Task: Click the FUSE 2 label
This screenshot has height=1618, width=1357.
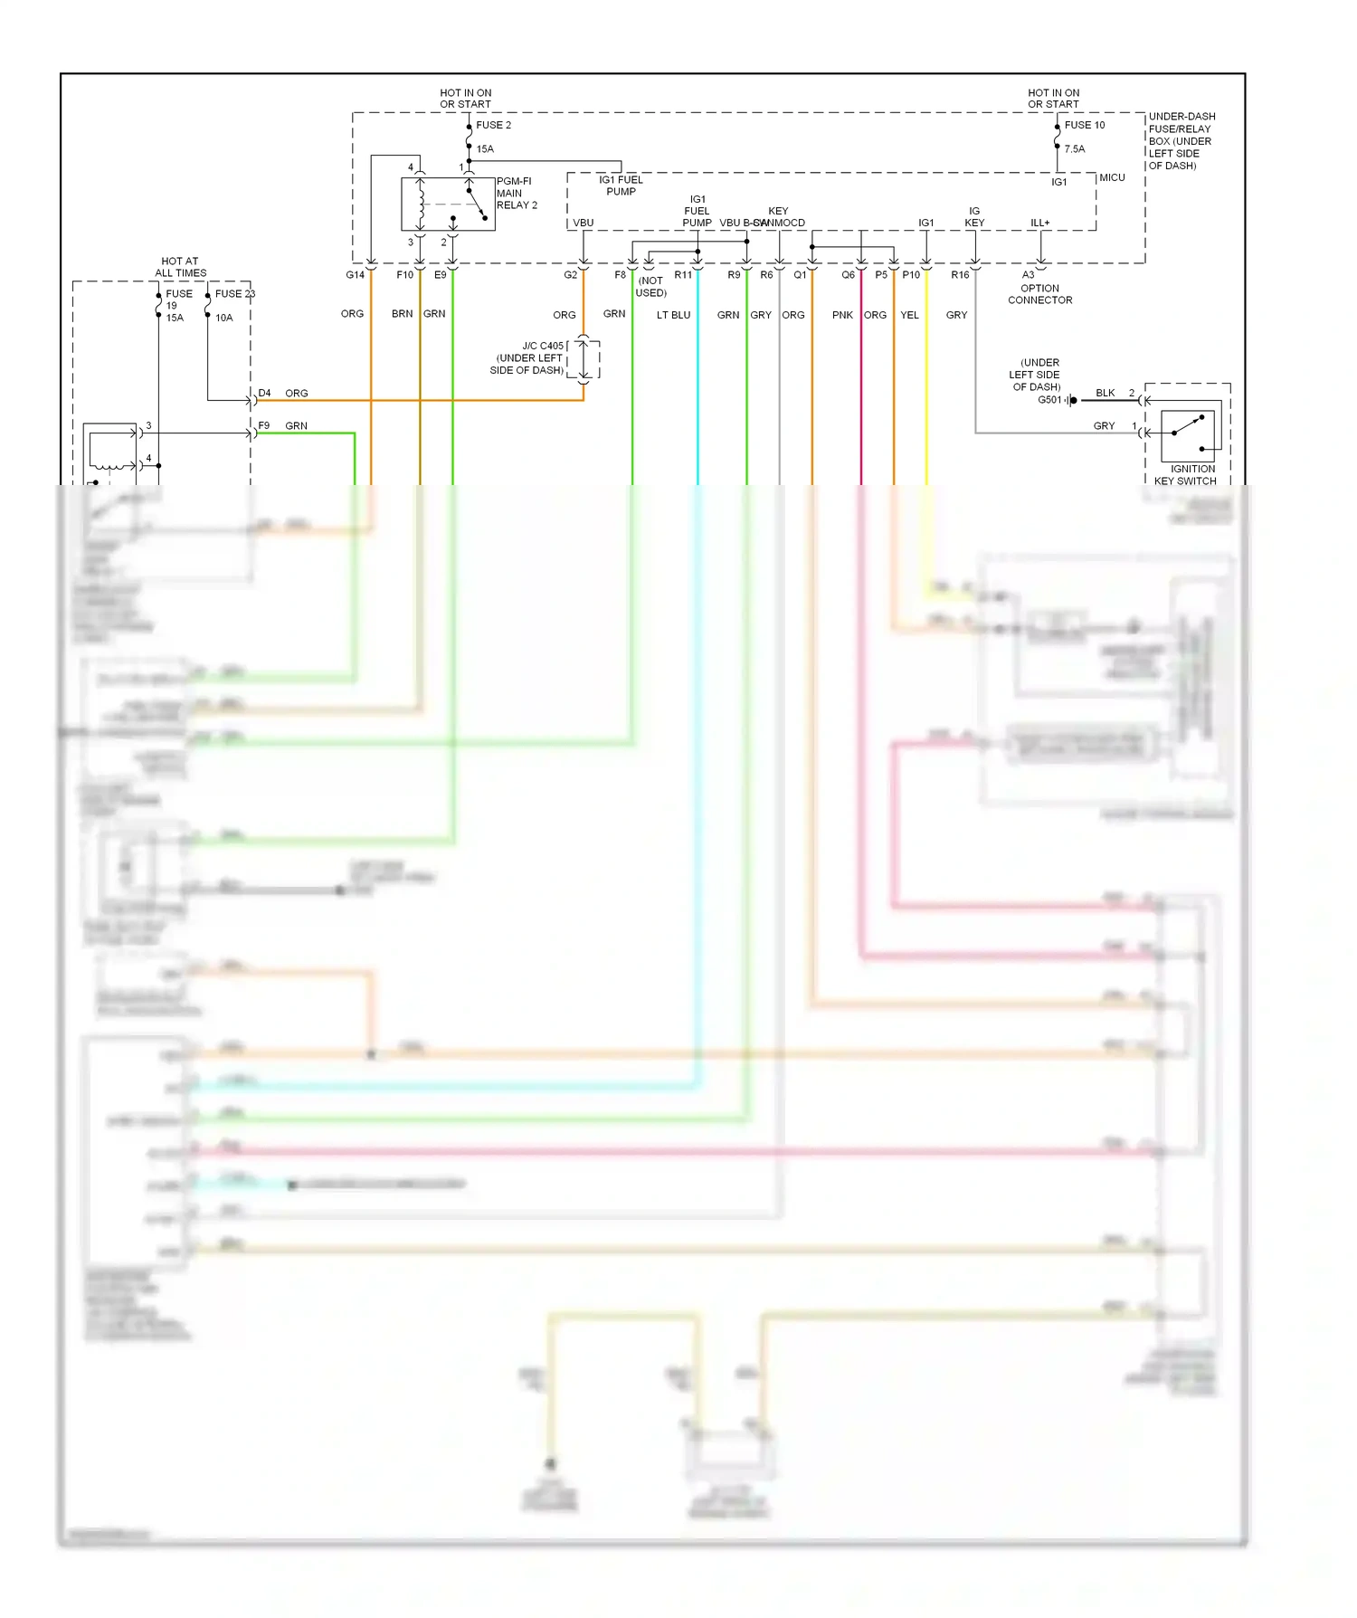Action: tap(493, 125)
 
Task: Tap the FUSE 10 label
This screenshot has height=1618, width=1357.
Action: tap(1084, 125)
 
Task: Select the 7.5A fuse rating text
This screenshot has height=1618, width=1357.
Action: tap(1074, 149)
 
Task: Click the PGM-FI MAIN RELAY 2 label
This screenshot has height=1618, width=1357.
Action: tap(516, 194)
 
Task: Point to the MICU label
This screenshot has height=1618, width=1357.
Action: tap(1112, 177)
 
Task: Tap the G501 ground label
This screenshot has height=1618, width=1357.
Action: tap(1049, 400)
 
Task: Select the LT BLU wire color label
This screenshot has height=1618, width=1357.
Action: tap(673, 315)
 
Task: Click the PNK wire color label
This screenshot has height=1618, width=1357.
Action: tap(842, 315)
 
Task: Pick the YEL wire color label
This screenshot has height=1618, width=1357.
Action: tap(909, 315)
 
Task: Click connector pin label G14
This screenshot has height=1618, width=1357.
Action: tap(355, 275)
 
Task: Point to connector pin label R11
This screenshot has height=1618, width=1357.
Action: tap(683, 275)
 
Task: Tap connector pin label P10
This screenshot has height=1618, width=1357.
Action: tap(911, 275)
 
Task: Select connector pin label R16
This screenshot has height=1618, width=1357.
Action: tap(960, 275)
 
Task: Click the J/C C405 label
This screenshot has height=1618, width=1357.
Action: tap(542, 346)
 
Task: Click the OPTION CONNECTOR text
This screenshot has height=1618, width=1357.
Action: tap(1039, 294)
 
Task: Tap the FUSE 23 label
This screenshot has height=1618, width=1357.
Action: tap(234, 294)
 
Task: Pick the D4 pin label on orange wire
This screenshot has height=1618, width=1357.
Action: tap(264, 394)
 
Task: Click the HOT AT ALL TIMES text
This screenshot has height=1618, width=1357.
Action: tap(180, 267)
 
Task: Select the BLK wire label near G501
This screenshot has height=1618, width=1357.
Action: tap(1105, 394)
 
